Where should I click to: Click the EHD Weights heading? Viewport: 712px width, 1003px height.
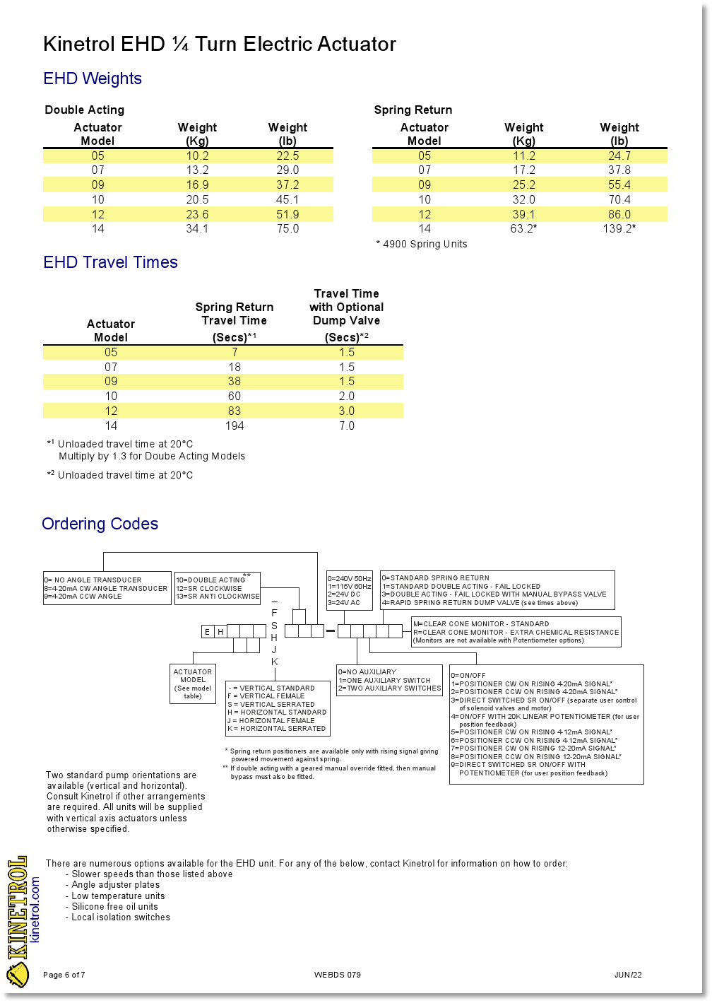tap(93, 78)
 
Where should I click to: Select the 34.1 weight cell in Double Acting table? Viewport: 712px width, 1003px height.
tap(197, 229)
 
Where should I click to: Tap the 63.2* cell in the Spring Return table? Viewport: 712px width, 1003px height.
tap(523, 229)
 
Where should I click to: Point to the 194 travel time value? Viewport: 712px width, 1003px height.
tap(235, 426)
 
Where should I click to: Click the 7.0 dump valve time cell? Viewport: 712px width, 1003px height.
tap(347, 426)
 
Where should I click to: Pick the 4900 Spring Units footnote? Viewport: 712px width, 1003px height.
tap(422, 245)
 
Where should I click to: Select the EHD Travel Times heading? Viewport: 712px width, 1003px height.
tap(110, 262)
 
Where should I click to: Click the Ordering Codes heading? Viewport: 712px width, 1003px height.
tap(100, 524)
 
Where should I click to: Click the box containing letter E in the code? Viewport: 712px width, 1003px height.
tap(207, 632)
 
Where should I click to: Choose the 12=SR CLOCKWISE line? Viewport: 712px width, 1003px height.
tap(209, 588)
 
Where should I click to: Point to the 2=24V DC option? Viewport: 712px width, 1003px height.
tap(344, 594)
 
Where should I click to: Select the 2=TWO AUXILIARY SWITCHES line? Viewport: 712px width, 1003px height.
tap(390, 688)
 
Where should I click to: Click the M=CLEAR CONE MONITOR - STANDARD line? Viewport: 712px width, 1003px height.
tap(481, 624)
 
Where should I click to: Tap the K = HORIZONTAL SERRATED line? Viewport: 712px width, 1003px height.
tap(277, 729)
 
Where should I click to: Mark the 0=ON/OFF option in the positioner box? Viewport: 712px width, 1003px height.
tap(468, 676)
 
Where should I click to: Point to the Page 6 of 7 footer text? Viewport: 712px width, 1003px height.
tap(64, 975)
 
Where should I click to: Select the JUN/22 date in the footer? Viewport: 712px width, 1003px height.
tap(628, 975)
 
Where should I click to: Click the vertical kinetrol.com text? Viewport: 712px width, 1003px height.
tap(36, 910)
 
